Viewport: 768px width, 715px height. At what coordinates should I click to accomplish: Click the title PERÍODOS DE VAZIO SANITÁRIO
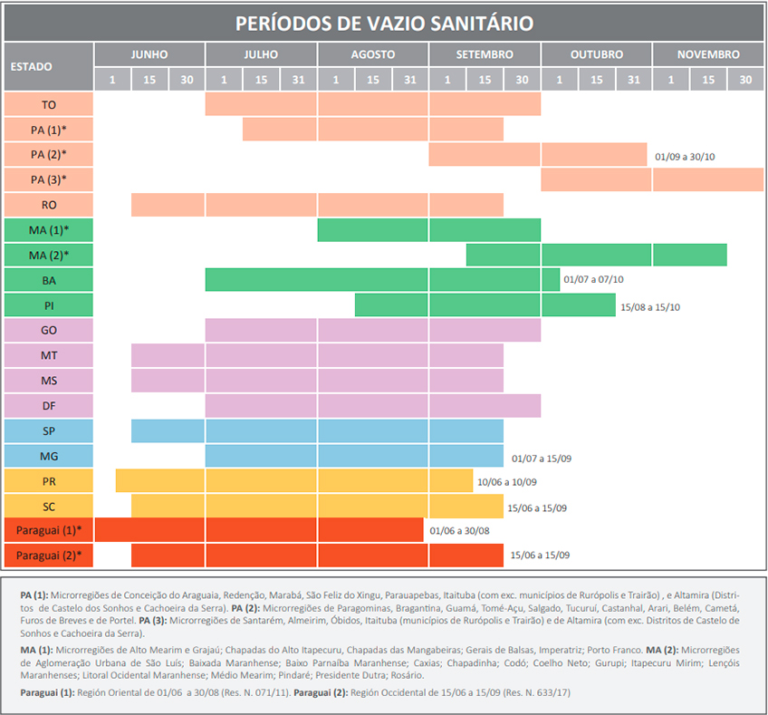coord(384,23)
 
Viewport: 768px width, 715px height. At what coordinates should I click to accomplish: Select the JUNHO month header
coord(149,54)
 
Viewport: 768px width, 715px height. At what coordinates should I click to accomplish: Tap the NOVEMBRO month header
coord(707,54)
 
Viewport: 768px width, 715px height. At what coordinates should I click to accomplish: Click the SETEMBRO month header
coord(485,54)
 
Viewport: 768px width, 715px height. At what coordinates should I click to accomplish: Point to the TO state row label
coord(49,104)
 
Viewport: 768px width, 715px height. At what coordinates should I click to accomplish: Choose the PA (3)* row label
coord(49,179)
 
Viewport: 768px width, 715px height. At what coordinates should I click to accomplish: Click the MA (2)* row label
coord(49,255)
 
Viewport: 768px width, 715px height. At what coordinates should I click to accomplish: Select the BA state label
coord(49,280)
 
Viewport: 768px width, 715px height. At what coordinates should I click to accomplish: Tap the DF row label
coord(49,405)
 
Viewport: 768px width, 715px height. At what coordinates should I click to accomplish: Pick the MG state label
coord(49,455)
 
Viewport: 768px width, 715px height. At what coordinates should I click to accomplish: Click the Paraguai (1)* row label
coord(49,529)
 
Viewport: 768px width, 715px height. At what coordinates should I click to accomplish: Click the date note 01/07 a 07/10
coord(593,281)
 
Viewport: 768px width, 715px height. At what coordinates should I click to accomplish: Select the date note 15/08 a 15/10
coord(649,306)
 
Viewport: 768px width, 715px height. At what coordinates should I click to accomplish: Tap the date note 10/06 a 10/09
coord(507,482)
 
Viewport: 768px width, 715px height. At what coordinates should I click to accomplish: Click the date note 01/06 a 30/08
coord(459,531)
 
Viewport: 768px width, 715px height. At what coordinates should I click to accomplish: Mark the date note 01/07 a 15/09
coord(541,458)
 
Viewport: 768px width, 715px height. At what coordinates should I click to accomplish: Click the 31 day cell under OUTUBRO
coord(633,80)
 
